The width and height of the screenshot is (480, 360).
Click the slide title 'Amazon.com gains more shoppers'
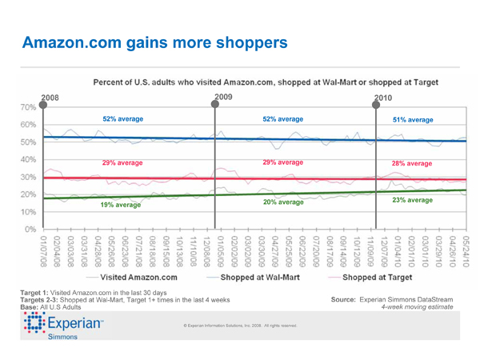[x=154, y=42]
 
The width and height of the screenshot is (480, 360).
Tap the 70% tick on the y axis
[x=26, y=107]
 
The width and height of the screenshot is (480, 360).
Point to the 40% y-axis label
[x=26, y=160]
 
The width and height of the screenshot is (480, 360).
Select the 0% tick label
[x=29, y=230]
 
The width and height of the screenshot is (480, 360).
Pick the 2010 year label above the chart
[x=385, y=98]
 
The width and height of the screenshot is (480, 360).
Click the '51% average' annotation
[x=413, y=119]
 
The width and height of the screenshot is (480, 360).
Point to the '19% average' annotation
[x=120, y=206]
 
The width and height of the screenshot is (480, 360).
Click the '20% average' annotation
[x=283, y=202]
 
